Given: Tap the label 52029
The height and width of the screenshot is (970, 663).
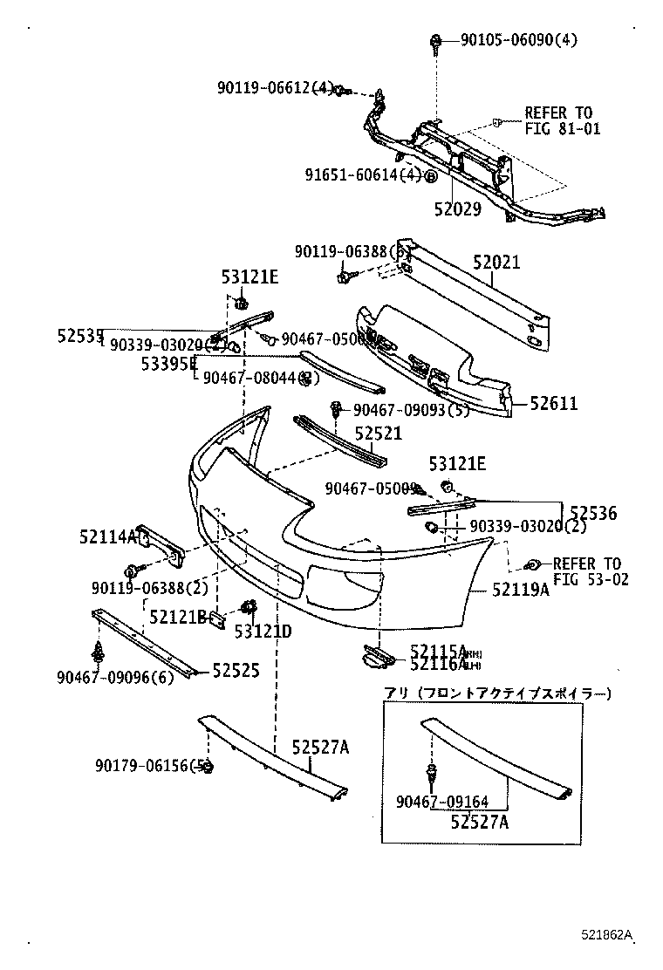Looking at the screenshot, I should coord(457,209).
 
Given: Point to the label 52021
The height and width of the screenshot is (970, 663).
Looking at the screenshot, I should coord(496,262).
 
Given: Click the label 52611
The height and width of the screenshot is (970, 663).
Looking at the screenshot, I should coord(554,404).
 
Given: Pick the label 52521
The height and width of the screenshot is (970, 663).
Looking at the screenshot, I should coord(378,434).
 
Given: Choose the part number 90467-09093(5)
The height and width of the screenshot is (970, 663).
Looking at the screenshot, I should coord(411,410).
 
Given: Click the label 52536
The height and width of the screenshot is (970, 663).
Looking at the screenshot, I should coord(592,514).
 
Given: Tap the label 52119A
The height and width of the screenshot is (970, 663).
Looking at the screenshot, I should coord(520,590).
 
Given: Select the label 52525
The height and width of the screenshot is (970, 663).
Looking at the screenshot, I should coord(236,670).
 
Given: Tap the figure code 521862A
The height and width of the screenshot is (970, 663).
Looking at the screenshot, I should coord(607,935).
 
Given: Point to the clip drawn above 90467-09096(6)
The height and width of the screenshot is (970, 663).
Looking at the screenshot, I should coord(98,650).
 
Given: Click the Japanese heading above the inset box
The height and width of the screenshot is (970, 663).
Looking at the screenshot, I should coord(497,693).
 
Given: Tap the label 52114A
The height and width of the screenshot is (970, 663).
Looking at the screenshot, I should coord(121,536).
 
